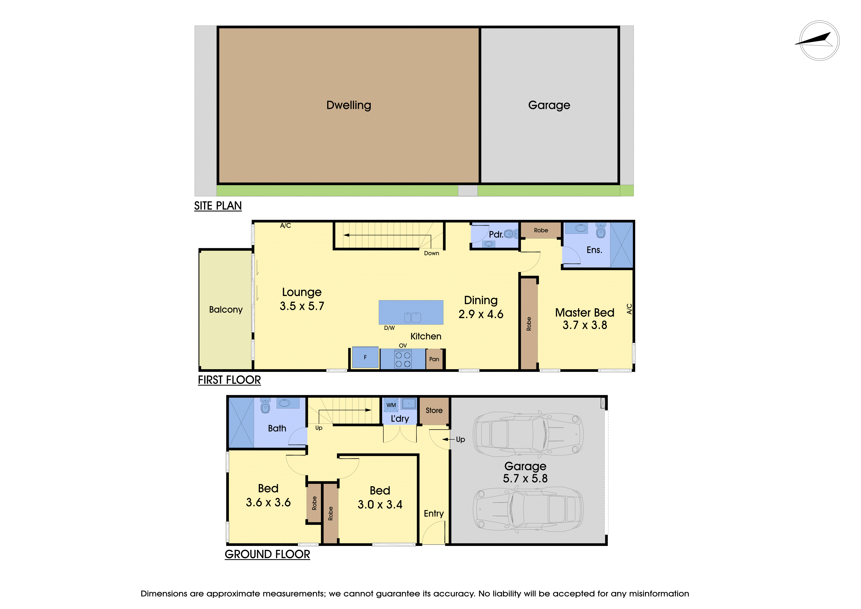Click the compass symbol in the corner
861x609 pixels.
pos(819,41)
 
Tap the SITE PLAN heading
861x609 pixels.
pos(218,206)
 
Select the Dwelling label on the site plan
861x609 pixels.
pos(349,105)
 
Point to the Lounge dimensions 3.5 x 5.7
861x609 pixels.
pos(302,306)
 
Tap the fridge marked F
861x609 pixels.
pos(365,358)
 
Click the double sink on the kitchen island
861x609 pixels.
pos(413,318)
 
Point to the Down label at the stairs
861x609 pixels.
pos(432,253)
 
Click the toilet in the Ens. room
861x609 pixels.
pos(601,231)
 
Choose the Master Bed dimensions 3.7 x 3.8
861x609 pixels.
pos(585,325)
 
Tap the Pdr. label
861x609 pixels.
pos(496,234)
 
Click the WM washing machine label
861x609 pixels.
pos(391,405)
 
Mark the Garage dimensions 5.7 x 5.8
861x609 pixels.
pos(525,478)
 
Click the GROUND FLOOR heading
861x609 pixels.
pos(267,554)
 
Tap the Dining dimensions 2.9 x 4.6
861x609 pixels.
pos(481,314)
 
